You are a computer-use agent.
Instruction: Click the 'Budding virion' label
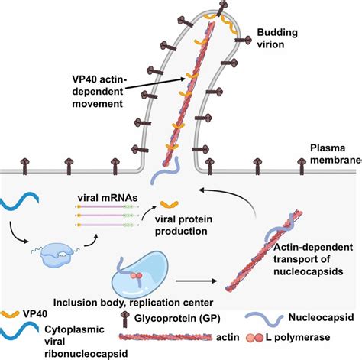[x=277, y=38]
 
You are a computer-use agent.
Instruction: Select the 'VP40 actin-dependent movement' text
[x=99, y=92]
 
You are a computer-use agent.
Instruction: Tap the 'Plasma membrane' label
[x=336, y=154]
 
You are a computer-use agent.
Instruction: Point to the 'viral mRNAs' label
[x=108, y=198]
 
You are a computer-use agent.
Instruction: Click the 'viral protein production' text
[x=183, y=225]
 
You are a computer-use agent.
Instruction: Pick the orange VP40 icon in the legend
[x=10, y=314]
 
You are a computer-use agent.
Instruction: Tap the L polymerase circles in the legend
[x=254, y=338]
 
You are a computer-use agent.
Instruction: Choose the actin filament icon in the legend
[x=166, y=337]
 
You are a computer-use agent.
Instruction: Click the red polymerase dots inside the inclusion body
[x=136, y=275]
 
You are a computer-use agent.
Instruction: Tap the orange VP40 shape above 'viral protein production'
[x=170, y=204]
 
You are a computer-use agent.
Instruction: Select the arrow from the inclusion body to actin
[x=196, y=281]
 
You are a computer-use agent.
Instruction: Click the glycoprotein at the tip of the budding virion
[x=222, y=7]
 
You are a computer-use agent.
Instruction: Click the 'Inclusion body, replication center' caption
[x=133, y=303]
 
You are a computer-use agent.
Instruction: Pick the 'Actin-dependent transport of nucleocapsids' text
[x=313, y=259]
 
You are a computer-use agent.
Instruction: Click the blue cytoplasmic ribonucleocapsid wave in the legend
[x=19, y=329]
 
